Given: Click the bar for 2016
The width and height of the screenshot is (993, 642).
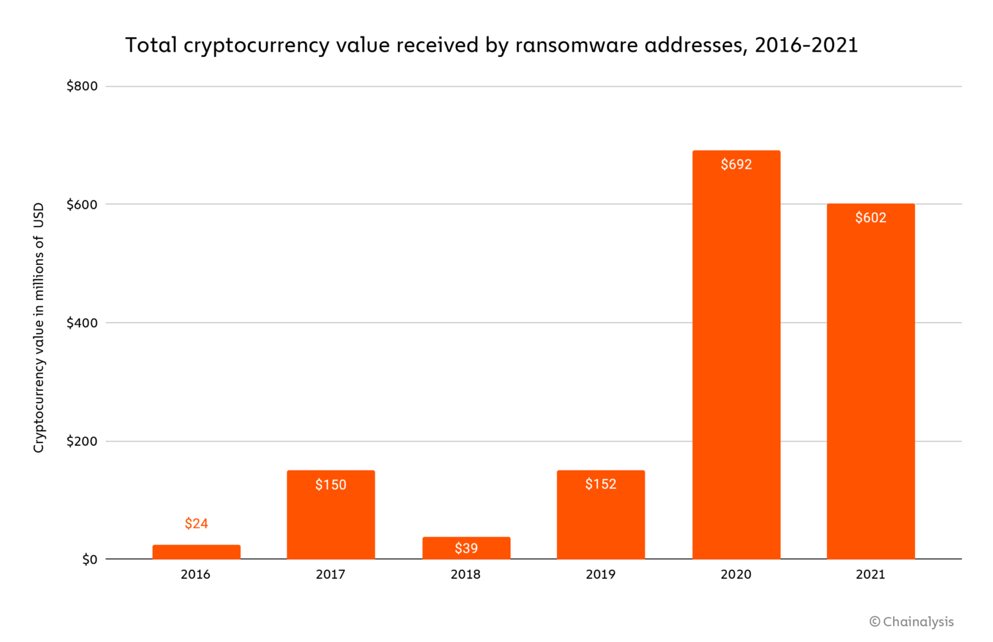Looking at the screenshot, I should coord(196,552).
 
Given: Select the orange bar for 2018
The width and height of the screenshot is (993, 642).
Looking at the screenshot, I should coord(466,547).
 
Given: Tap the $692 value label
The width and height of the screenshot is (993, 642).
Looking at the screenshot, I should coord(736,164).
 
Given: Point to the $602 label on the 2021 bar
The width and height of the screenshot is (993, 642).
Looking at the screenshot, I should coord(871,218).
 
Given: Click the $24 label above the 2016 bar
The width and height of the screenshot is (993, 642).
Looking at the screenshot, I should coord(196,523).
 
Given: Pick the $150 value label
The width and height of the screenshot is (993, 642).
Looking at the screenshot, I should coord(330,485).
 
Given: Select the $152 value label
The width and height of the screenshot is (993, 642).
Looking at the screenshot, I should coord(600,484).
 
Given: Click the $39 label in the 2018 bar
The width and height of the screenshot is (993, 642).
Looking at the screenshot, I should coord(466,549).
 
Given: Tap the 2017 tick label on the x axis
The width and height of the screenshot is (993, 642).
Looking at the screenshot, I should coord(330,574).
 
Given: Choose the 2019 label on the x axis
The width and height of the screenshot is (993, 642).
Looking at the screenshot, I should coord(600,574).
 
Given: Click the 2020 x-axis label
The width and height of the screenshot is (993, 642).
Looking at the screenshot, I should coord(736,574).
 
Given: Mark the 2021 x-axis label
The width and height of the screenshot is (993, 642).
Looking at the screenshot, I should coord(871,574).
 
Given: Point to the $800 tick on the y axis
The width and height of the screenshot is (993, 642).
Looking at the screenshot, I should coord(82,86).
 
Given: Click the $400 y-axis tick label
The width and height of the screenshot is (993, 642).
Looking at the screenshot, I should coord(82,323).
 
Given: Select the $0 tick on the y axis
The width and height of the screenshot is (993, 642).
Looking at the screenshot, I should coord(89,560).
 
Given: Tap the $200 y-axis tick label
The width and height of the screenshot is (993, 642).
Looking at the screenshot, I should coord(82,441).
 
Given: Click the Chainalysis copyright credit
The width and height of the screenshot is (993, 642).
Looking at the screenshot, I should coord(912,621).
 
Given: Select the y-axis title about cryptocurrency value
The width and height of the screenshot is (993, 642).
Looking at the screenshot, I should coord(39,328).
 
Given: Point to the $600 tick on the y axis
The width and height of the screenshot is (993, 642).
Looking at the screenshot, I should coord(82,205).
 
